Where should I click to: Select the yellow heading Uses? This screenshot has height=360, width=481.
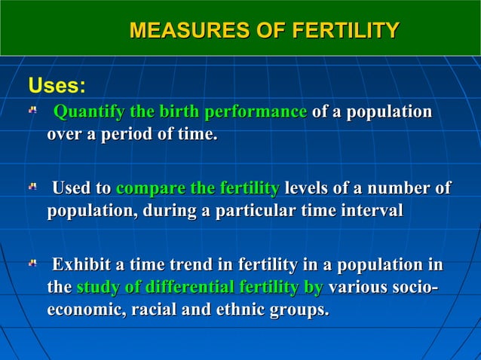[57, 84]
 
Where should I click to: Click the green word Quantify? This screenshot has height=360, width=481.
[90, 112]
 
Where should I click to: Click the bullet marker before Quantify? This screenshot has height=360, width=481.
[32, 111]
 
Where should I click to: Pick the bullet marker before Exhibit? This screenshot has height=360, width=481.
[32, 264]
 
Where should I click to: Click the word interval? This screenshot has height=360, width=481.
[372, 212]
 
